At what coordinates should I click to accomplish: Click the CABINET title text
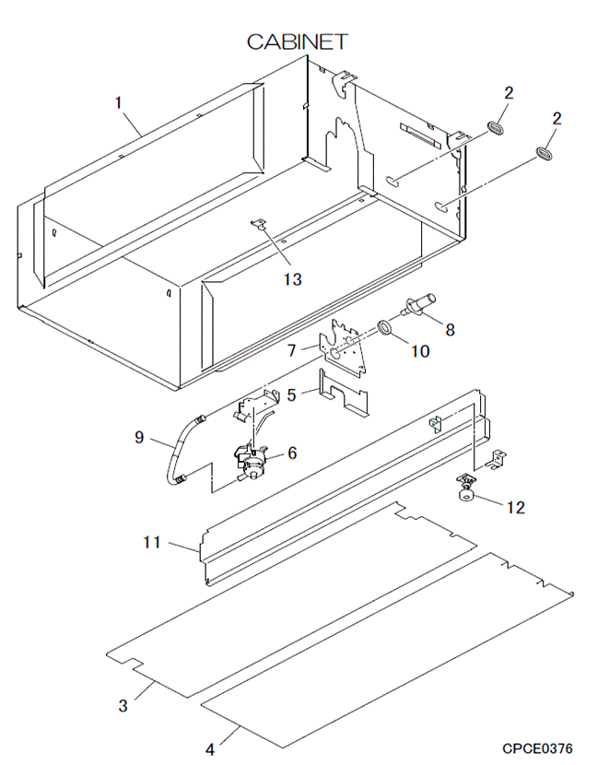(297, 41)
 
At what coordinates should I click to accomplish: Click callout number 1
(118, 102)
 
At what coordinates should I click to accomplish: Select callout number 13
(292, 277)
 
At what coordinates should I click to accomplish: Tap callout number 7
(292, 350)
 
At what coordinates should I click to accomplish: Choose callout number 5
(292, 394)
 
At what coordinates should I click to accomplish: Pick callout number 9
(140, 439)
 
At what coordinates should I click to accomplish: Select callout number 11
(152, 543)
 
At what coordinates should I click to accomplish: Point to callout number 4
(209, 748)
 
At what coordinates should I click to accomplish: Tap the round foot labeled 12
(466, 497)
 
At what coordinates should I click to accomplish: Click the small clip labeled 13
(259, 223)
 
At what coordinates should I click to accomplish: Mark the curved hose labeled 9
(175, 452)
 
